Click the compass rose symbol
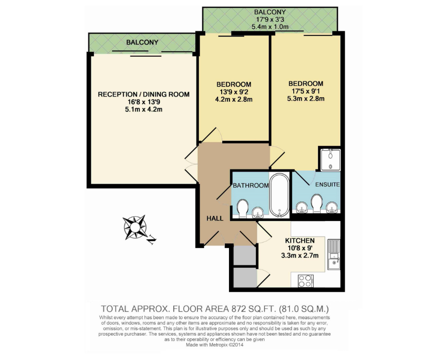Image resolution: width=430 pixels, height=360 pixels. (x=134, y=226)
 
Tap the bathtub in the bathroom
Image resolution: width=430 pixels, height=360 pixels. (x=280, y=196)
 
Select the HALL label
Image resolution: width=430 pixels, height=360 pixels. (x=215, y=218)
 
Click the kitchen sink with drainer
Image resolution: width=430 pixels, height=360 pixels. (x=334, y=255)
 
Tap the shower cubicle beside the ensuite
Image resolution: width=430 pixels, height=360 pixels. (x=331, y=159)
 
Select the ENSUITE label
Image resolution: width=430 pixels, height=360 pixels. (x=327, y=184)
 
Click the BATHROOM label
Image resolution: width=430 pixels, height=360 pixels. (x=251, y=185)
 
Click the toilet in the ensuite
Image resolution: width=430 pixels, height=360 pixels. (x=317, y=203)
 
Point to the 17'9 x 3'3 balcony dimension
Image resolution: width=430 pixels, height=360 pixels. (x=270, y=19)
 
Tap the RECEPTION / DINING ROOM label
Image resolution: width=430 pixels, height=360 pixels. (x=143, y=94)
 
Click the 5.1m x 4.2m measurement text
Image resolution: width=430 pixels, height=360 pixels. (x=143, y=109)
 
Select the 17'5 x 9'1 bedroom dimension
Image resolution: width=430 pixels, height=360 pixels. (x=306, y=91)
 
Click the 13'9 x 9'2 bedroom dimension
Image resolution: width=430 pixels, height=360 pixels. (x=233, y=92)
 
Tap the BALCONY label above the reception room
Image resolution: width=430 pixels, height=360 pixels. (x=142, y=42)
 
